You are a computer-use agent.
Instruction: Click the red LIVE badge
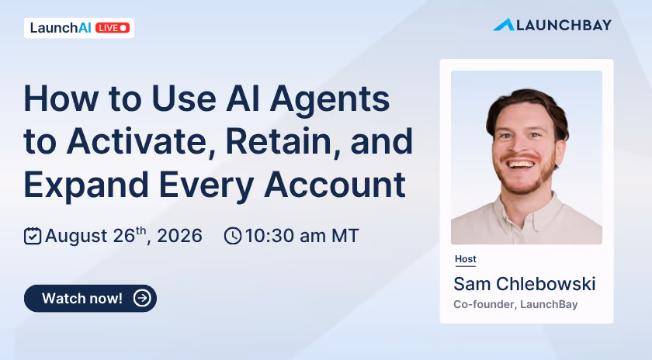click(x=113, y=28)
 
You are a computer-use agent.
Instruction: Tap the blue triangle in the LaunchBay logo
click(x=504, y=26)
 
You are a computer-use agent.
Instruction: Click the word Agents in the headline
click(x=330, y=100)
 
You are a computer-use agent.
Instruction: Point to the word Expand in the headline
click(x=86, y=185)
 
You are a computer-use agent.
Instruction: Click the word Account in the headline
click(x=335, y=184)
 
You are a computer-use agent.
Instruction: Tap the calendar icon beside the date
click(x=33, y=236)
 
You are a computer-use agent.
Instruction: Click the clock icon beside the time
click(x=233, y=236)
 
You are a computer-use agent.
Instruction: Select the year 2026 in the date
click(x=179, y=236)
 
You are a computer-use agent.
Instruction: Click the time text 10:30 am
click(x=286, y=236)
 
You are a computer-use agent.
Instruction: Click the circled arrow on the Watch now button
click(x=142, y=298)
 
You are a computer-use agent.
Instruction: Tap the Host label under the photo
click(x=465, y=259)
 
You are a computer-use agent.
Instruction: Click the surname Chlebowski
click(x=546, y=284)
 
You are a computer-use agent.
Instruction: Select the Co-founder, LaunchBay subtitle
click(x=515, y=304)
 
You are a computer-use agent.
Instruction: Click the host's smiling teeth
click(x=521, y=164)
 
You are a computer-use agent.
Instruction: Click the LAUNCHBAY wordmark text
click(x=564, y=26)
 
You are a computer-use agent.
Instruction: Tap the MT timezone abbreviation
click(x=345, y=236)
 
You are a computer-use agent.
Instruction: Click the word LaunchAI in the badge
click(x=61, y=28)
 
